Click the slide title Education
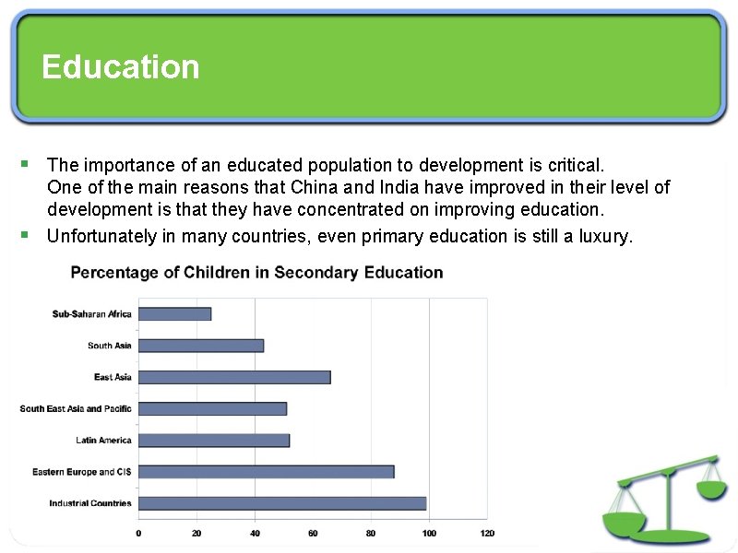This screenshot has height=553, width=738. click(x=120, y=67)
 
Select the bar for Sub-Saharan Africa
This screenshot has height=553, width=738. click(x=175, y=314)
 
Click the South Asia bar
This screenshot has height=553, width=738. click(x=201, y=346)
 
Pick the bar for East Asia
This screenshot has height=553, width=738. click(x=234, y=377)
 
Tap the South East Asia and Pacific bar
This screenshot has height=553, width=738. click(x=212, y=408)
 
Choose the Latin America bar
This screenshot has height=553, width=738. click(x=214, y=441)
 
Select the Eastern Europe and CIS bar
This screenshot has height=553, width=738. click(x=267, y=472)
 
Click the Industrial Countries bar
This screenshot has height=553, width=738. click(x=282, y=503)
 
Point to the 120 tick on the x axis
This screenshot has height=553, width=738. click(x=487, y=533)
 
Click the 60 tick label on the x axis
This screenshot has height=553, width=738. click(x=313, y=533)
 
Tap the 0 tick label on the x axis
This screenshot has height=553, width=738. click(x=138, y=533)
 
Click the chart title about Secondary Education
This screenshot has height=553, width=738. click(x=256, y=273)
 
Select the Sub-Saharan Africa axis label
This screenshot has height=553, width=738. click(x=92, y=314)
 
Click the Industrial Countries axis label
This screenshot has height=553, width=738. click(x=90, y=503)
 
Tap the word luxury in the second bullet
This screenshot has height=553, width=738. click(x=605, y=237)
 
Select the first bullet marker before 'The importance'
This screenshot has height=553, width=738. click(x=25, y=164)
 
